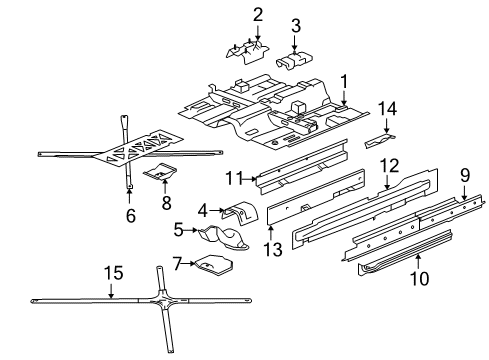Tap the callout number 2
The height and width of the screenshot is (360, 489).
257,14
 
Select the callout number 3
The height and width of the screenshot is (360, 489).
296,26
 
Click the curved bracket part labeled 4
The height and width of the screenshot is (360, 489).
239,214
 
